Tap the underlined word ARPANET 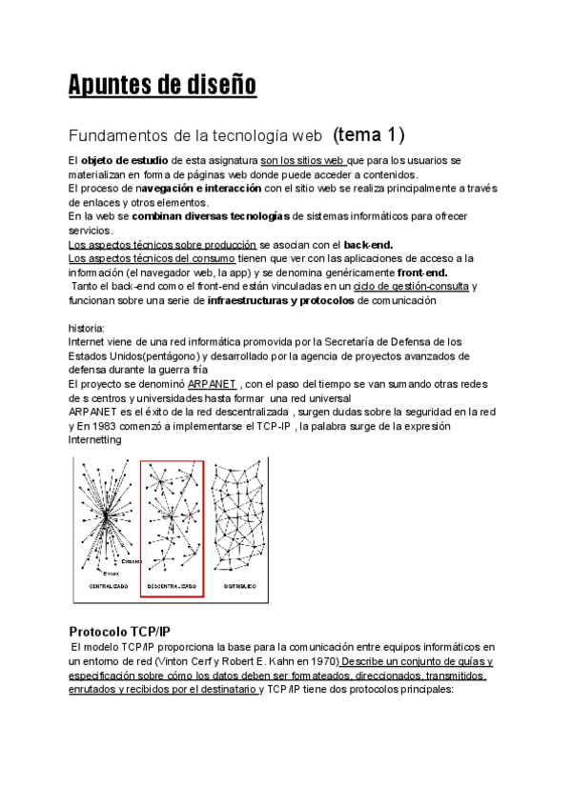(x=212, y=383)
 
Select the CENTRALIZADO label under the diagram (x=103, y=587)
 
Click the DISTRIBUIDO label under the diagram (x=239, y=587)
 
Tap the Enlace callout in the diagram (x=112, y=572)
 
